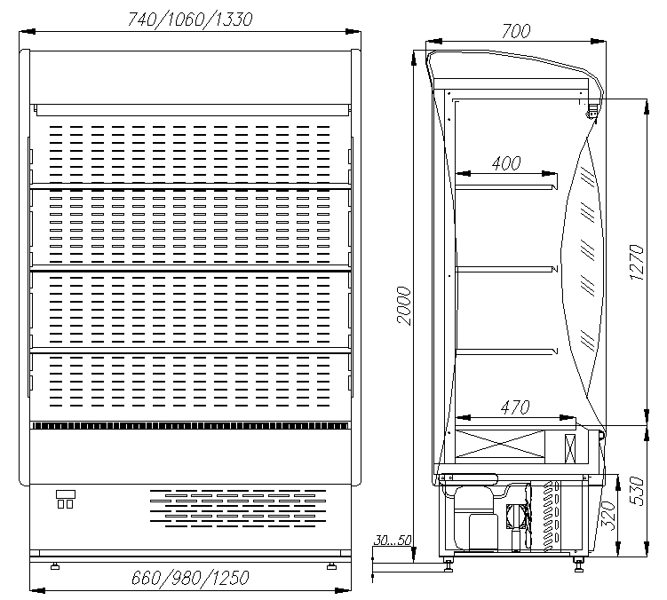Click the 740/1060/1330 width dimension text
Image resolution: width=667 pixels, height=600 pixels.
(x=190, y=20)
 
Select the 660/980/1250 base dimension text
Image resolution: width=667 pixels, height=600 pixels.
(x=190, y=578)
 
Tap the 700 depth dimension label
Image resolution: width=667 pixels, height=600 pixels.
(x=515, y=31)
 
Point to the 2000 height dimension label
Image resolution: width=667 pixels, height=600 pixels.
(x=404, y=305)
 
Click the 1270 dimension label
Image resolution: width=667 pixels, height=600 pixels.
(x=637, y=263)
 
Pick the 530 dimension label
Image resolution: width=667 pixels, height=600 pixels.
(x=637, y=491)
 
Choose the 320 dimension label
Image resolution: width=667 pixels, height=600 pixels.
(x=607, y=516)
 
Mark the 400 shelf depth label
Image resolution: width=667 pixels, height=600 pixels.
(x=505, y=162)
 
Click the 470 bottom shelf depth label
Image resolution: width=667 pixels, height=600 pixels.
(x=515, y=407)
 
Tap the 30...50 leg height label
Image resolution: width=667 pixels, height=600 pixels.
(x=393, y=540)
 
